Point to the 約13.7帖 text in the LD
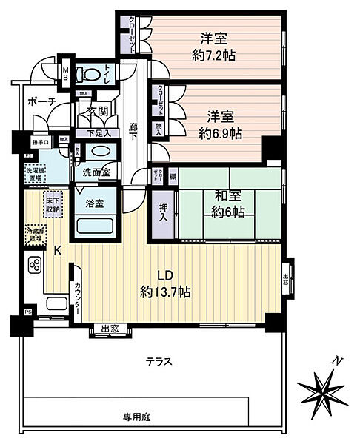pos(165,292)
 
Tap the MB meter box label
pos(66,74)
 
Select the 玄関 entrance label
pos(98,112)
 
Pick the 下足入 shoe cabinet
pos(97,133)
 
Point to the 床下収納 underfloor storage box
pos(52,203)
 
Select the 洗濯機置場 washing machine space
pos(35,175)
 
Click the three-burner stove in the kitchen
pos(34,264)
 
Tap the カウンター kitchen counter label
pos(77,301)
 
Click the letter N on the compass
pos(337,360)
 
